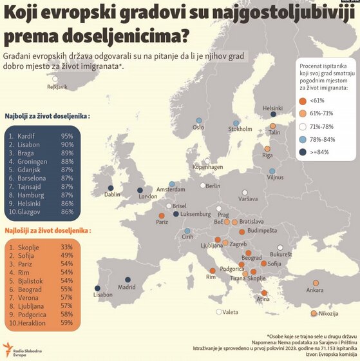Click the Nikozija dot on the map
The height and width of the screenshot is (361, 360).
point(314,313)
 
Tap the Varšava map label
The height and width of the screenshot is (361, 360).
point(248,199)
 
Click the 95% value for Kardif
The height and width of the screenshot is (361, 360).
point(66,136)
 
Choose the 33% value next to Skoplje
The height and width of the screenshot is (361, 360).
point(66,247)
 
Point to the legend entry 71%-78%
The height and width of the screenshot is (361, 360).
point(323,126)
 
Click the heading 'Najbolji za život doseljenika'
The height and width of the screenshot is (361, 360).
point(47,117)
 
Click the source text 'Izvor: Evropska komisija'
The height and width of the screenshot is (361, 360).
point(330,355)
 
